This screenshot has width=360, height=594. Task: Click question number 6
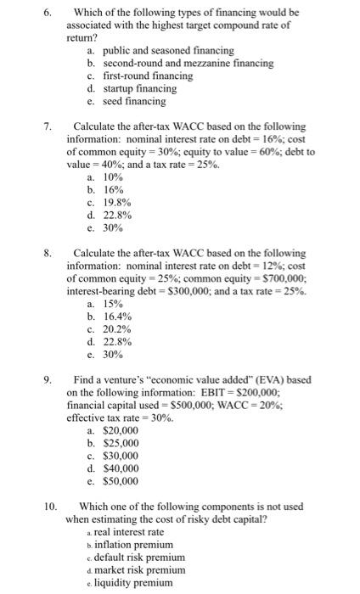tap(48, 13)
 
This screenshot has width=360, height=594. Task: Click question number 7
tap(48, 126)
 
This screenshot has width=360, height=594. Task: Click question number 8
tap(48, 253)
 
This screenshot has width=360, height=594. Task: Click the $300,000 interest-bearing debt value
tap(179, 291)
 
